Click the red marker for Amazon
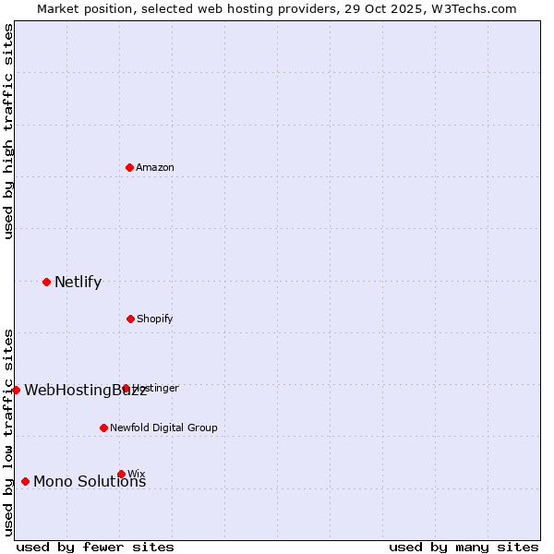(129, 167)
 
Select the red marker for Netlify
(46, 282)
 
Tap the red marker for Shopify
(130, 319)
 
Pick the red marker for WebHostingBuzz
(16, 390)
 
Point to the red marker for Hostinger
(126, 389)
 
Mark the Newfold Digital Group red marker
(103, 428)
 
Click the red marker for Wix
(121, 474)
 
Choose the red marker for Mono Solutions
(25, 481)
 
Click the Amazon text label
(155, 167)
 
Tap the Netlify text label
(78, 282)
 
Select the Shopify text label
(155, 319)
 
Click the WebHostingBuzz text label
(85, 390)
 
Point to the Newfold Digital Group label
(163, 428)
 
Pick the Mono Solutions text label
(90, 481)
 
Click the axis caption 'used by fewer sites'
(95, 547)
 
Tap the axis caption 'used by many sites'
(464, 547)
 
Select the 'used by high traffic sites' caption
(8, 132)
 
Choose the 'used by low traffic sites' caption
(8, 432)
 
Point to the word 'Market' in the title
(59, 8)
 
